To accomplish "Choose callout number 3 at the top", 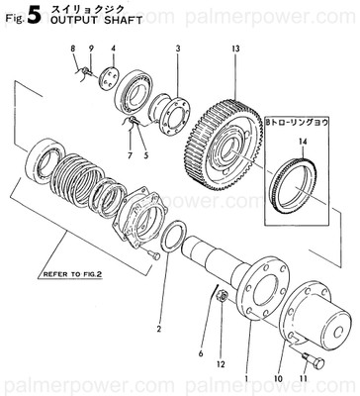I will pos(177,49).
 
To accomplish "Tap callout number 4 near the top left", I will pos(114,49).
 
